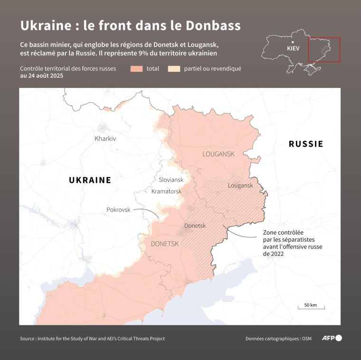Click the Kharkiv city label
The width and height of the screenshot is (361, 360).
[x=105, y=139]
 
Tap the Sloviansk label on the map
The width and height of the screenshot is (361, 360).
[x=171, y=180]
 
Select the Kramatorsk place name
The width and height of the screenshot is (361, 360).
[x=166, y=191]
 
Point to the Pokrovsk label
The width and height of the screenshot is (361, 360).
[x=118, y=209]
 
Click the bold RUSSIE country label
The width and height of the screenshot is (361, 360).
[x=305, y=144]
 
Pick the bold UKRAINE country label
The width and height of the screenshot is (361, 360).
[x=90, y=180]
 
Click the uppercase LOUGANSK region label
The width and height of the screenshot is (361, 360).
[x=218, y=154]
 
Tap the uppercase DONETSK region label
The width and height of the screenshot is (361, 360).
[x=164, y=244]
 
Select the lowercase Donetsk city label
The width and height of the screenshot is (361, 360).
[x=195, y=226]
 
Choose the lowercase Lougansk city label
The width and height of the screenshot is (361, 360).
[x=240, y=185]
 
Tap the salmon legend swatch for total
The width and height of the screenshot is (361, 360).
[x=136, y=68]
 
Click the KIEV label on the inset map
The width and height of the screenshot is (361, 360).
[x=294, y=48]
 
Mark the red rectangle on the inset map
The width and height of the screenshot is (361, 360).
[x=324, y=49]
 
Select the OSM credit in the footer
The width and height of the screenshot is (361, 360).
[x=307, y=339]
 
